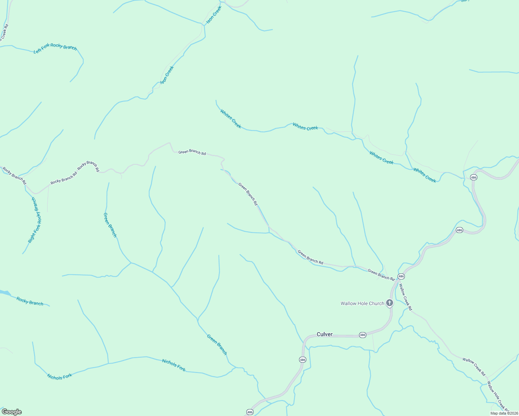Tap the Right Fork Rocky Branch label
click(35, 220)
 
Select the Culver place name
click(324, 334)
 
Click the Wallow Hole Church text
click(362, 303)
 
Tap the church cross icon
click(390, 303)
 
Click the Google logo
click(12, 412)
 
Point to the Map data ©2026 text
click(504, 413)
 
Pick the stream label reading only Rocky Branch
click(30, 301)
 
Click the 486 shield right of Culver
click(363, 335)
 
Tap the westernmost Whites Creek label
click(231, 119)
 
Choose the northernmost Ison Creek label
click(214, 15)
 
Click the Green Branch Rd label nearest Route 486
click(381, 275)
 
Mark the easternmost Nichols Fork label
click(174, 365)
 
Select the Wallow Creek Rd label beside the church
click(405, 297)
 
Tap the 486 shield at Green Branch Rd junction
click(401, 276)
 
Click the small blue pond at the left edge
click(4, 293)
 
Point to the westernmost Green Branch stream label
click(110, 225)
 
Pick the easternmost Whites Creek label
click(425, 175)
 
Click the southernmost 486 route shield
click(250, 412)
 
